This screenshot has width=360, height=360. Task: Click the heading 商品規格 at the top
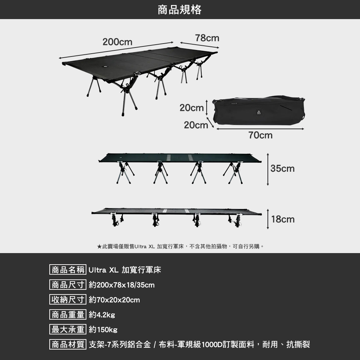tap(180, 9)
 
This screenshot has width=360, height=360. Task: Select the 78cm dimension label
tap(207, 38)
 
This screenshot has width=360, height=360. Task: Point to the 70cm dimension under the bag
tap(260, 135)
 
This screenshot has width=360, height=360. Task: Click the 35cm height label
tap(283, 168)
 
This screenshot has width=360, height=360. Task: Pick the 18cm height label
tap(283, 219)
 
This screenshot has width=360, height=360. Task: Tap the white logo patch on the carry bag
tap(258, 112)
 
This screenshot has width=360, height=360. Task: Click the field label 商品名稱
tap(68, 270)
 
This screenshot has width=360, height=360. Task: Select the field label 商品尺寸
tap(68, 285)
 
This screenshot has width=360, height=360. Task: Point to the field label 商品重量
tap(68, 315)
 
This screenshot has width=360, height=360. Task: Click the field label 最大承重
tap(68, 330)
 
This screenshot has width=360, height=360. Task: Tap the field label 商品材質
tap(68, 345)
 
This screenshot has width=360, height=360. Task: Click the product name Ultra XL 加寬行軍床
tap(125, 270)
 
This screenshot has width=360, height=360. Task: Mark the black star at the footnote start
tap(99, 247)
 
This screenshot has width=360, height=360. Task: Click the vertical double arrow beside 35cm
tap(268, 169)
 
